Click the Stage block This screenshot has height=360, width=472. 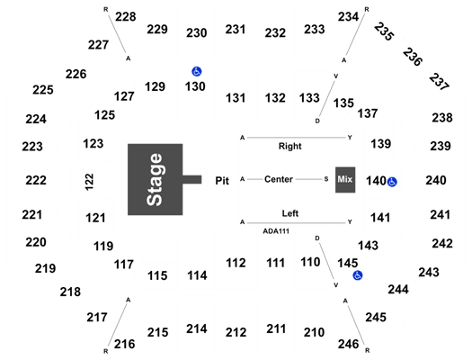[156, 179]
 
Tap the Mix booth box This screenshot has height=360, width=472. [345, 180]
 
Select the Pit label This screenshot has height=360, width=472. [222, 181]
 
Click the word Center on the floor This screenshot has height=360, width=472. [279, 179]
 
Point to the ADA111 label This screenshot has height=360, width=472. [276, 231]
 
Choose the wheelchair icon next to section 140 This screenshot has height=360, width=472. [392, 182]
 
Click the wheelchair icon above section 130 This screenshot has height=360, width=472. [197, 71]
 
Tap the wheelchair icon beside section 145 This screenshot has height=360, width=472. [358, 275]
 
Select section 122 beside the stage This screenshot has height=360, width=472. [89, 182]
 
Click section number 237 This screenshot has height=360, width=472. [439, 82]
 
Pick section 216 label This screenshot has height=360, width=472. [125, 344]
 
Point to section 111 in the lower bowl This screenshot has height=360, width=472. [275, 263]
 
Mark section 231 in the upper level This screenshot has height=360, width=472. [236, 30]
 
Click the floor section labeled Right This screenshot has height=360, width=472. [289, 146]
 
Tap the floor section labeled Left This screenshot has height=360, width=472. [289, 213]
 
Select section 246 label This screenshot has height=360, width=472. [348, 344]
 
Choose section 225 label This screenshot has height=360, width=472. [43, 90]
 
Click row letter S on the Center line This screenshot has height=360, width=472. [326, 179]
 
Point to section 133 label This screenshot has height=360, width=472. [309, 98]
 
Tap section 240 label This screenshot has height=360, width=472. [435, 180]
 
